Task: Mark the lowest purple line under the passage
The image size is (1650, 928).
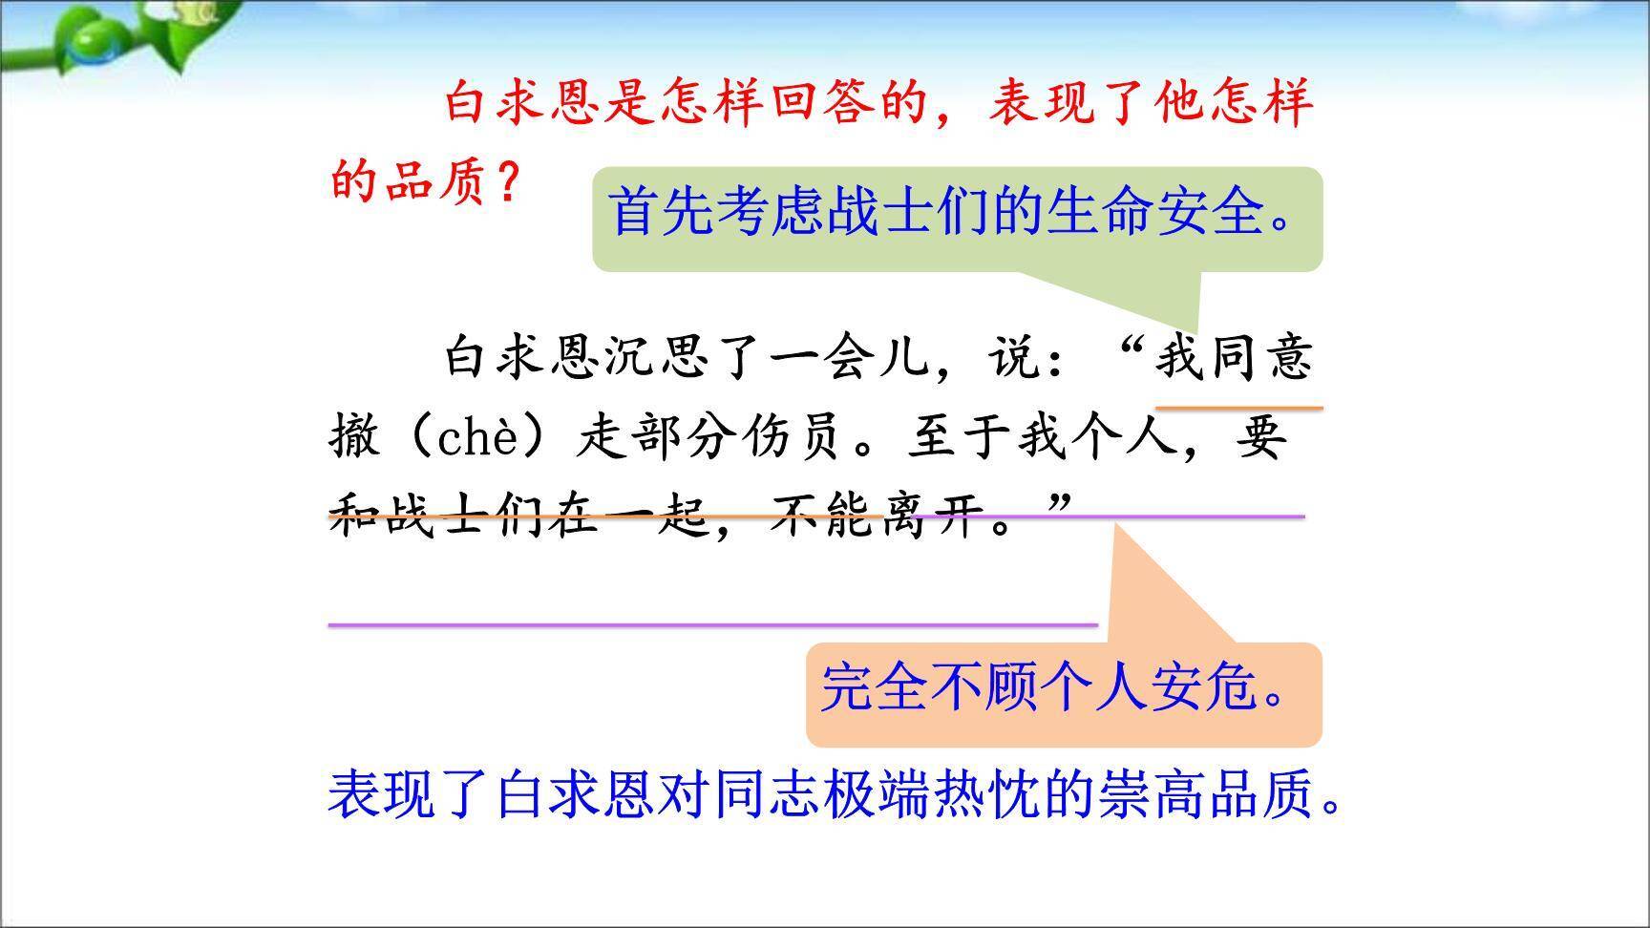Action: pos(712,625)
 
